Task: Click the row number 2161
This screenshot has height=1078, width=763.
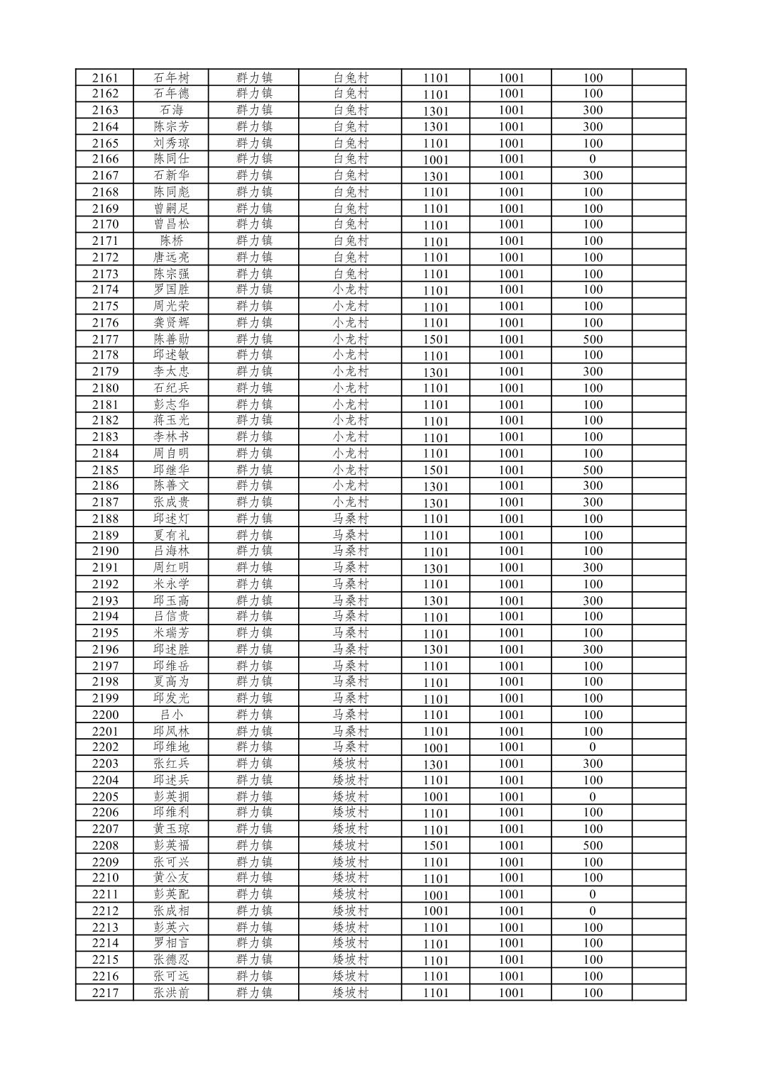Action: point(105,78)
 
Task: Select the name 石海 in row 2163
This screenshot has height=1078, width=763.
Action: point(171,110)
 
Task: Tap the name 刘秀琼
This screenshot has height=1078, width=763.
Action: point(171,143)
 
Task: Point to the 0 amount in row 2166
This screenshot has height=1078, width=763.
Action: point(592,159)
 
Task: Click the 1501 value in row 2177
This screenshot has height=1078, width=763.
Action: point(435,339)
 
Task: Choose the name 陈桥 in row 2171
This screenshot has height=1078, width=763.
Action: point(171,241)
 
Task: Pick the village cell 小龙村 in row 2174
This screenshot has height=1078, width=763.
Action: point(351,290)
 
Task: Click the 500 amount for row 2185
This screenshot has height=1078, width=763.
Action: point(592,470)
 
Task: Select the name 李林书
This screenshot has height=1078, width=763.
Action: point(171,436)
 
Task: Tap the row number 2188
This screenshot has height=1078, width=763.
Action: point(105,519)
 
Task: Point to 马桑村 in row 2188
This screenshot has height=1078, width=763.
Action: point(351,519)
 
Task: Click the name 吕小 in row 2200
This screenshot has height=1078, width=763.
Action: point(171,715)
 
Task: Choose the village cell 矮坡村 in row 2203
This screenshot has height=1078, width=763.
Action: point(351,764)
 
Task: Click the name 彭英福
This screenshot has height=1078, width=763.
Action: point(171,845)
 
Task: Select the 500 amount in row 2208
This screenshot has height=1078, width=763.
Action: point(592,845)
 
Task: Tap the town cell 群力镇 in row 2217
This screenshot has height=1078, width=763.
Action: point(254,992)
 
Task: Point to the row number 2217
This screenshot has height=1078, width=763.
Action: point(105,993)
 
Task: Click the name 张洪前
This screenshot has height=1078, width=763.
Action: point(171,993)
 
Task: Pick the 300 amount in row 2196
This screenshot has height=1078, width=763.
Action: point(592,649)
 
